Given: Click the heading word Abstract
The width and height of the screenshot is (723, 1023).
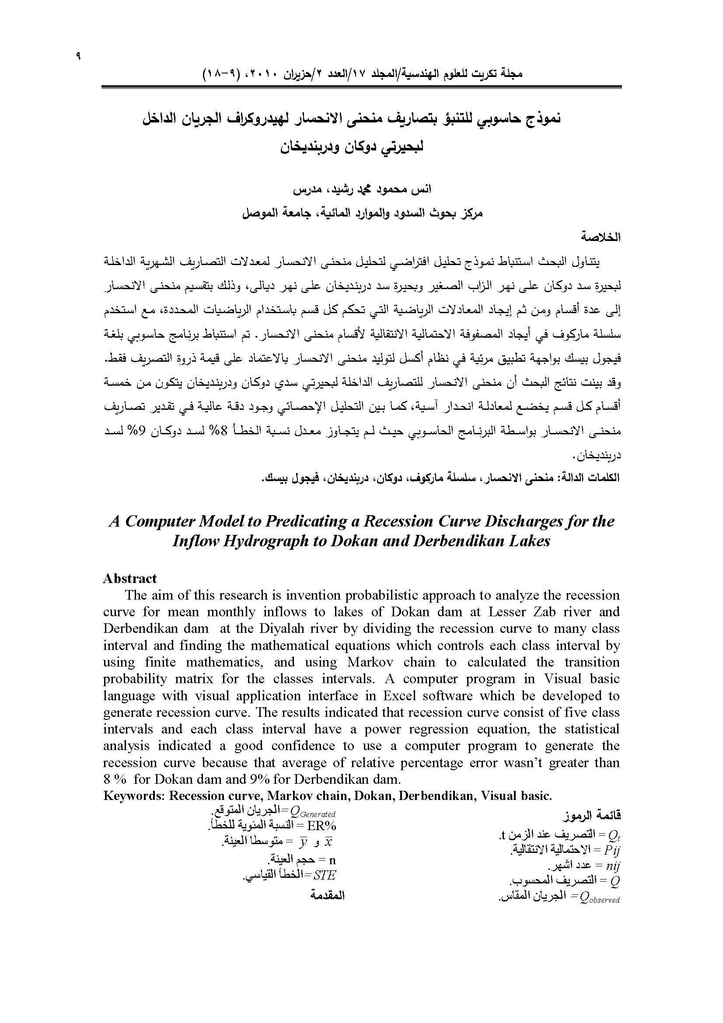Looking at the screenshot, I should pyautogui.click(x=129, y=578).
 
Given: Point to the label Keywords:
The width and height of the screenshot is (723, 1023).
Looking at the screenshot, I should pyautogui.click(x=134, y=796).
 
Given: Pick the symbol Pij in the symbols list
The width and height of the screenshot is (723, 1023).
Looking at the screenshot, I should pyautogui.click(x=611, y=850).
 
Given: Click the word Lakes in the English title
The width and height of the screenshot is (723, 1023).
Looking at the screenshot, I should pyautogui.click(x=527, y=541).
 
